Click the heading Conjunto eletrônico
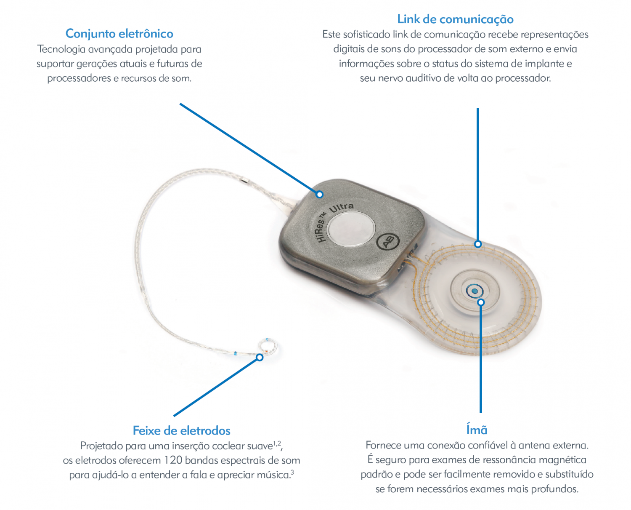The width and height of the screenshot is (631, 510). pyautogui.click(x=119, y=34)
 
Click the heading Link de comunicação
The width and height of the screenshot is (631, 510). pyautogui.click(x=455, y=19)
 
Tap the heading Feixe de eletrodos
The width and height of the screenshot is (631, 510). pyautogui.click(x=181, y=430)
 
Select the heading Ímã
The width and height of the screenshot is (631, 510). pyautogui.click(x=477, y=429)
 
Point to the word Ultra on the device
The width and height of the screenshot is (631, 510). pyautogui.click(x=341, y=208)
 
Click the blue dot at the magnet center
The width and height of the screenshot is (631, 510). pyautogui.click(x=475, y=291)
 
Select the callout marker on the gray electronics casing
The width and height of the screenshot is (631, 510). pyautogui.click(x=319, y=195)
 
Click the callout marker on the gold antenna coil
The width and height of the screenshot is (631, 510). pyautogui.click(x=477, y=244)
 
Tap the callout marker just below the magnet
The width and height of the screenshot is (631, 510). pyautogui.click(x=481, y=302)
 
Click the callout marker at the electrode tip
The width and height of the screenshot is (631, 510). pyautogui.click(x=260, y=357)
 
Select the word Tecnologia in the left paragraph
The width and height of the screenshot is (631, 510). pyautogui.click(x=61, y=49)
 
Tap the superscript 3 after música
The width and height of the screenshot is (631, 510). pyautogui.click(x=292, y=472)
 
